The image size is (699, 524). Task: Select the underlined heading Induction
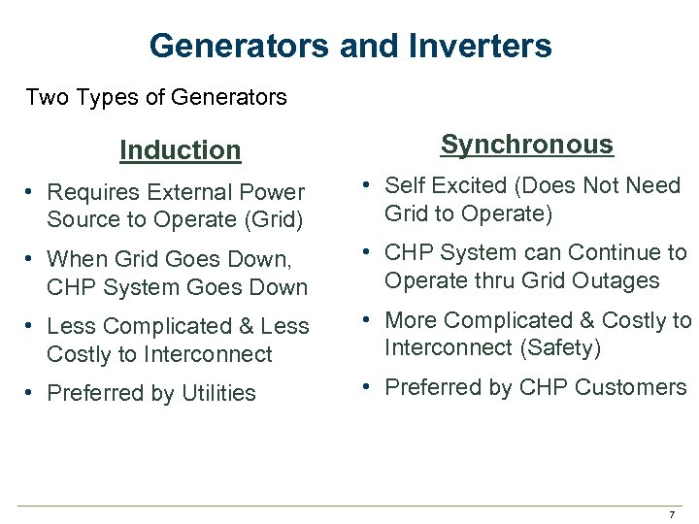(x=180, y=150)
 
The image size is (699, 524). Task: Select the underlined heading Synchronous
(x=527, y=145)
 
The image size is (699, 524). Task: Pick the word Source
(x=82, y=219)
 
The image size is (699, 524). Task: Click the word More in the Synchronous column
(x=410, y=320)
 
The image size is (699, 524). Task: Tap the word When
(x=76, y=260)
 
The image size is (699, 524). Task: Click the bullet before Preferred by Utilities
(x=32, y=393)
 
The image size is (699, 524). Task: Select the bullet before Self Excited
(x=370, y=185)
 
